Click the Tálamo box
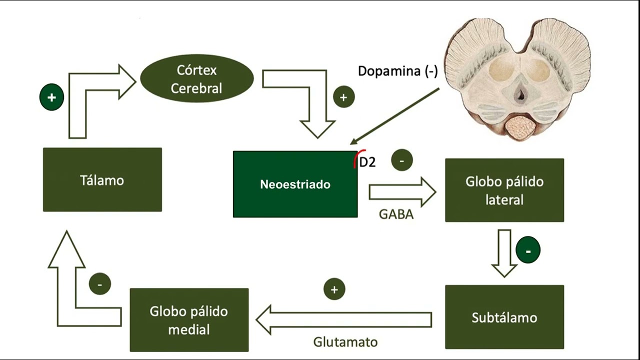pos(102,179)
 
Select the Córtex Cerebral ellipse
pos(196,78)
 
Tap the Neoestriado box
pos(295,184)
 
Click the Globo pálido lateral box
pos(504,190)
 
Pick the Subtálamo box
pos(504,317)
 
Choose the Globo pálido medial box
pos(189,320)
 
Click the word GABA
pos(396,214)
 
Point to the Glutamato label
pos(345,342)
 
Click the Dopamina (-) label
pos(397,71)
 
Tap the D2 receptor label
pos(367,162)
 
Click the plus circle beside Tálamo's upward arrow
pos(51,97)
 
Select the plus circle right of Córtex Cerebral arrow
pos(343,97)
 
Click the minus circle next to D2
pos(402,160)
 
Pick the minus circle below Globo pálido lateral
pos(528,250)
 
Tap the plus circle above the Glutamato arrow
pos(334,289)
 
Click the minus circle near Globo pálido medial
pos(99,284)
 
